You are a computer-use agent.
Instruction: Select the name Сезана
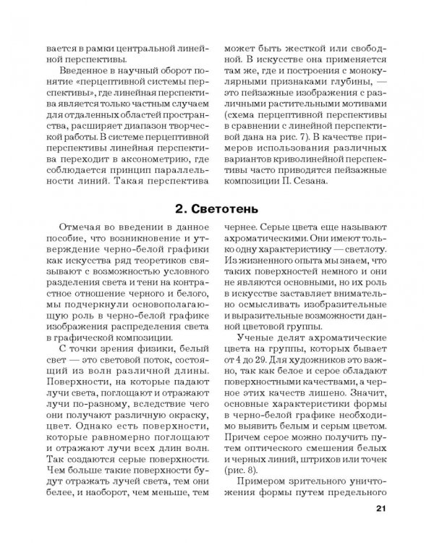pos(309,180)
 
